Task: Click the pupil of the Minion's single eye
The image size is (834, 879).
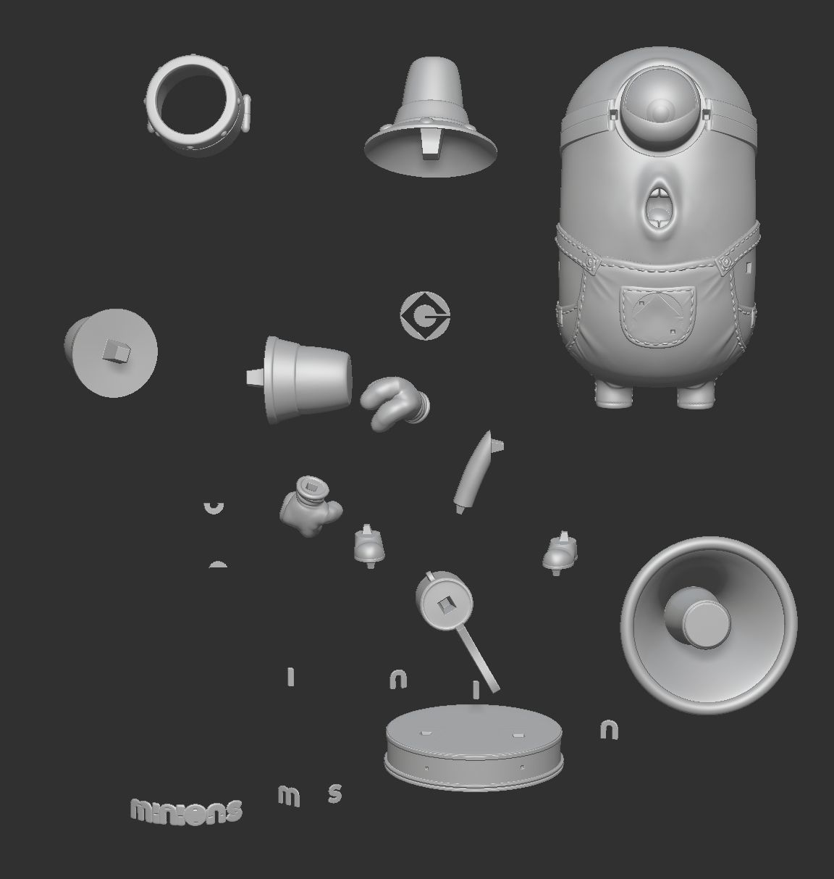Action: coord(659,109)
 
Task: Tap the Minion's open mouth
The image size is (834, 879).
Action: coord(658,204)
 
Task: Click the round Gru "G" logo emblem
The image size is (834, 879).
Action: coord(425,315)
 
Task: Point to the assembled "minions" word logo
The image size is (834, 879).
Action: coord(186,809)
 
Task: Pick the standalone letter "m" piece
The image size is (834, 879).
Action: coord(288,796)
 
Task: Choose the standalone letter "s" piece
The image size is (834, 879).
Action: coord(334,793)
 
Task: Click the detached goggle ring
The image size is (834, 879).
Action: coord(194,107)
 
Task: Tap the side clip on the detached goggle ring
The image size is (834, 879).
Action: coord(247,114)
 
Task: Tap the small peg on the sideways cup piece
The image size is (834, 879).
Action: coord(254,377)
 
